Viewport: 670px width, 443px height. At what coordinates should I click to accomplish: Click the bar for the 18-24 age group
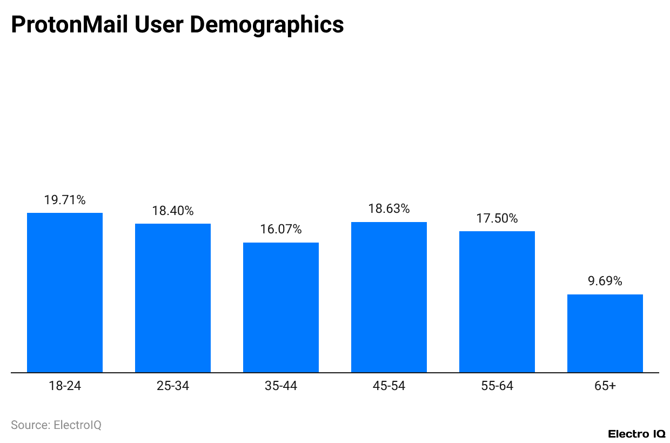(65, 292)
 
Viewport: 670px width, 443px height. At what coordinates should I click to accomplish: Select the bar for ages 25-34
(173, 298)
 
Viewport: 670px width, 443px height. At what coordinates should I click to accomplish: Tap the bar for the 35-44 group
(281, 307)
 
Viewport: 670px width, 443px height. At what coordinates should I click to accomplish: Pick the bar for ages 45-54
(389, 297)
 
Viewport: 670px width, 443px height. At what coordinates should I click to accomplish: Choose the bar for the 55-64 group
(497, 301)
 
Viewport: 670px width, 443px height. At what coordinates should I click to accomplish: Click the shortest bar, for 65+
(605, 333)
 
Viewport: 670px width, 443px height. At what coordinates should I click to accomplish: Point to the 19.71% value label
(65, 200)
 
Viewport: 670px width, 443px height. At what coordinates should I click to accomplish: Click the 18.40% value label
(173, 211)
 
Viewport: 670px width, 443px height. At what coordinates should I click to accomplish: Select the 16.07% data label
(281, 229)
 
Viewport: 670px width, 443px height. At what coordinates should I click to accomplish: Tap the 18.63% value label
(389, 209)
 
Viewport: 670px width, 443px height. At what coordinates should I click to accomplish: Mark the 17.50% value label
(497, 218)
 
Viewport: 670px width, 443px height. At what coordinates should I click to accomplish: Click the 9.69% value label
(605, 281)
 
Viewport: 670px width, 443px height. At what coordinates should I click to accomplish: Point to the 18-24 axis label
(65, 386)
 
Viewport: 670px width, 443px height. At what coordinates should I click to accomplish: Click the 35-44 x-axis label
(281, 386)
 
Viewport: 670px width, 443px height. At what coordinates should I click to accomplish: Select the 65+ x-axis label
(605, 386)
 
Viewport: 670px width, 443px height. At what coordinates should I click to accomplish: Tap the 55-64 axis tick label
(497, 386)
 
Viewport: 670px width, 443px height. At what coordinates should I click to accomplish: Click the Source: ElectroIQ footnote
(56, 425)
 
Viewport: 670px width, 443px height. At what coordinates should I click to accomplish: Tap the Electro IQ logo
(636, 433)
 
